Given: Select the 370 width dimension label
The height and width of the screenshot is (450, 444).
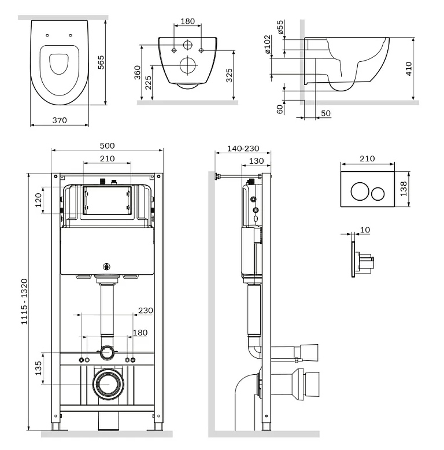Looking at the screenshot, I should pyautogui.click(x=60, y=120).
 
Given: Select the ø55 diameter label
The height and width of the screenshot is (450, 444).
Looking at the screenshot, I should pyautogui.click(x=280, y=27).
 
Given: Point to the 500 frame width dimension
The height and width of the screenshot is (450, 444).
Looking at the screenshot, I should pyautogui.click(x=108, y=145).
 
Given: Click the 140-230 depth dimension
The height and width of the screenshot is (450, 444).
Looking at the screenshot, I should pyautogui.click(x=243, y=149).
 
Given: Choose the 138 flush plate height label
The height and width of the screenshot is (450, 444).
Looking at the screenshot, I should pyautogui.click(x=404, y=189).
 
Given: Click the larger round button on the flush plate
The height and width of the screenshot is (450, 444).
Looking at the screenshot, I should pyautogui.click(x=359, y=191).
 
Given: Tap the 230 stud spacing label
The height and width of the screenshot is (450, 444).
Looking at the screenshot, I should pyautogui.click(x=145, y=310).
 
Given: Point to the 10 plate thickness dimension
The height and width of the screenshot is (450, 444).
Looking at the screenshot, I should pyautogui.click(x=364, y=230).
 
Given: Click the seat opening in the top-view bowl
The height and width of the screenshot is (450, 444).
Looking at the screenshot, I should pyautogui.click(x=59, y=65).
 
